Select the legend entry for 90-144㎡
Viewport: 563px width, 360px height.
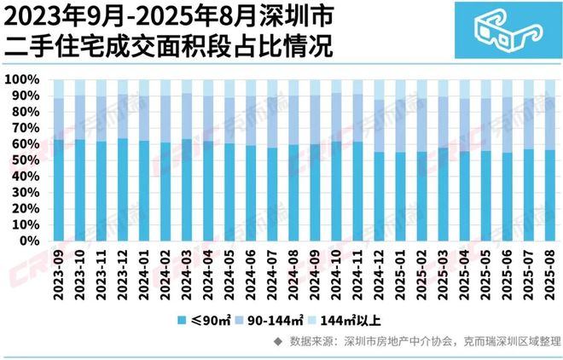(x=271, y=322)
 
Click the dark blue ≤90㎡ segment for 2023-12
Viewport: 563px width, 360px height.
(x=123, y=189)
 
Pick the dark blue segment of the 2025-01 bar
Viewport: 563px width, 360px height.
(x=400, y=196)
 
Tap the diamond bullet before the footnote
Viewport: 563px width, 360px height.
(x=277, y=342)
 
